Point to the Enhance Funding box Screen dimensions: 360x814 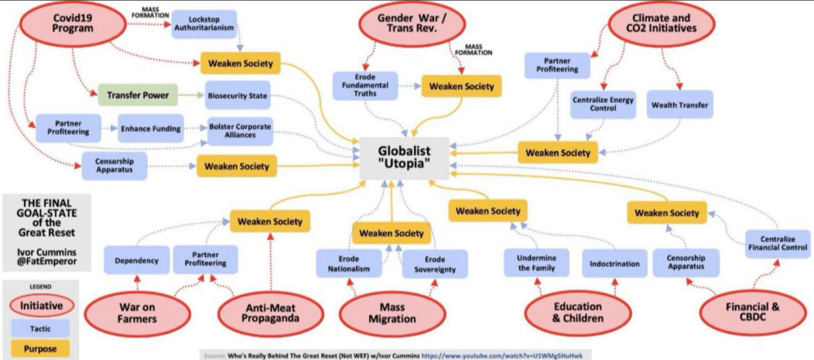[x=151, y=127]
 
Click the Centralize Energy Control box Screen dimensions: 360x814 [x=600, y=104]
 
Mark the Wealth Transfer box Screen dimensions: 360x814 [x=680, y=104]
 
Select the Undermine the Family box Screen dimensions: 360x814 [x=536, y=263]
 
